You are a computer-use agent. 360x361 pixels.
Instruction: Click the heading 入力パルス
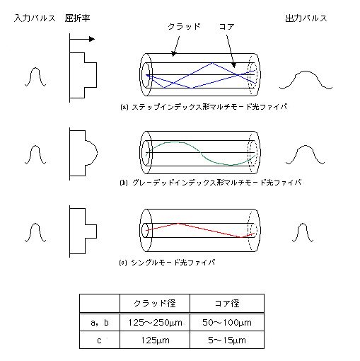click(x=35, y=18)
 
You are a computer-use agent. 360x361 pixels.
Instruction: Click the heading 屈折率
click(x=77, y=18)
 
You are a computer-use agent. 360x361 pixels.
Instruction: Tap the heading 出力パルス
click(x=306, y=18)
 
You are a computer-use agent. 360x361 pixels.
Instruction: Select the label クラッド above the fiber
click(x=184, y=26)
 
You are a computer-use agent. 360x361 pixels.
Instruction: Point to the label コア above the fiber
click(x=226, y=26)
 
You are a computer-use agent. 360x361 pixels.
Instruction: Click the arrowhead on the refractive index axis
click(x=92, y=39)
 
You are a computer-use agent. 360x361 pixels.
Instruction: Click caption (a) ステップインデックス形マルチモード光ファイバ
click(x=204, y=107)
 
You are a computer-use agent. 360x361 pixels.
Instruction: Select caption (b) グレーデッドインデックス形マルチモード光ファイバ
click(x=211, y=183)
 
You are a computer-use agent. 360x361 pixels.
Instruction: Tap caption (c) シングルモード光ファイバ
click(x=167, y=263)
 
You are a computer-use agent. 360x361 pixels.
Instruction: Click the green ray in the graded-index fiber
click(x=200, y=153)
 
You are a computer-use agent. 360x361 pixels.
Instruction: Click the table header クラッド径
click(x=155, y=304)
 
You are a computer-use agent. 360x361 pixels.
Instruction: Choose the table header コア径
click(x=227, y=304)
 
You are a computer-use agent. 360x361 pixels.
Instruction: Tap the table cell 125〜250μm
click(x=155, y=322)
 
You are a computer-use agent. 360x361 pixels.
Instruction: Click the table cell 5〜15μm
click(x=227, y=340)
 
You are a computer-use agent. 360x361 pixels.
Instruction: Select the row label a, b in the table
click(x=100, y=323)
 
